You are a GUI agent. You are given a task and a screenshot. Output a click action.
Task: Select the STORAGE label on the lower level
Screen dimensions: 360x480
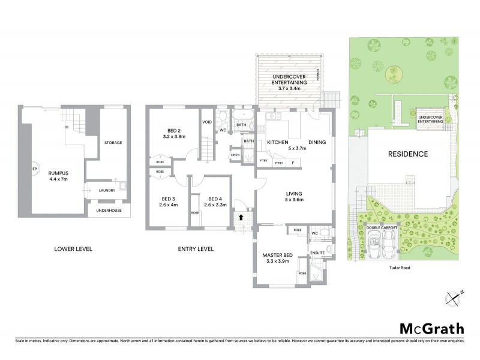[x=113, y=143]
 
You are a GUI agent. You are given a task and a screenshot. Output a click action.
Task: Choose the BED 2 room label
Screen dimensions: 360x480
[x=173, y=130]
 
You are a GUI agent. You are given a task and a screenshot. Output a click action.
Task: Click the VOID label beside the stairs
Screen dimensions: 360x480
[x=207, y=122]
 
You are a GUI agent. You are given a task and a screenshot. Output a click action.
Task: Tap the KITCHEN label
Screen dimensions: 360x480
[x=278, y=142]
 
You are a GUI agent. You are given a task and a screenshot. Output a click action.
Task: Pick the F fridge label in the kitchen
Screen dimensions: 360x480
[x=293, y=163]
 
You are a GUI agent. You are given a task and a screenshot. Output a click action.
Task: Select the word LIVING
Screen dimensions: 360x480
[x=295, y=194]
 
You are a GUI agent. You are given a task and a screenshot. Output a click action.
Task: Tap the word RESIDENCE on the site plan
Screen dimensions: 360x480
[x=407, y=154]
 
